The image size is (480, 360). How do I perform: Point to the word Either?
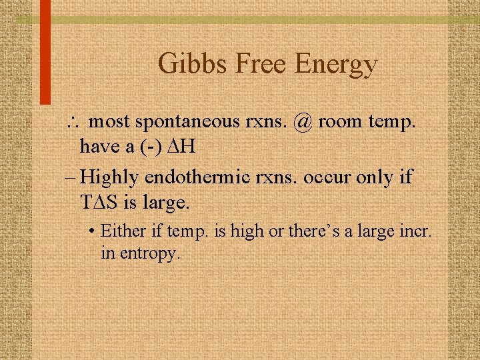pos(119,231)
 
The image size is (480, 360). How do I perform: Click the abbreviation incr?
pos(416,231)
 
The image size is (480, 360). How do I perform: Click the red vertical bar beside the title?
pos(45,53)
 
